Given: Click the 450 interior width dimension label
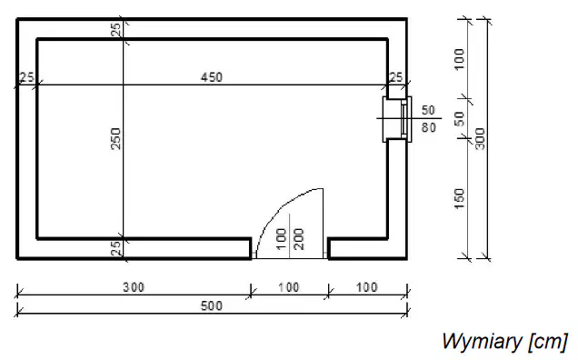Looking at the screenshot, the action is [x=212, y=77].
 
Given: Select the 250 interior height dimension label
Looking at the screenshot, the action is [x=116, y=139].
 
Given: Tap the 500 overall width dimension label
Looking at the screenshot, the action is [x=212, y=306].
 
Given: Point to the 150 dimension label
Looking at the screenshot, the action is [x=459, y=199].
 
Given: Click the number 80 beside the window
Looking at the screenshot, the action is [x=429, y=127].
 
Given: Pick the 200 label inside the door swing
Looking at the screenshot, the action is [x=299, y=239].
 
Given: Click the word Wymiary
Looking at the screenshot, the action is [x=482, y=341].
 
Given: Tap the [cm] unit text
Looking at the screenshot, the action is [x=548, y=342].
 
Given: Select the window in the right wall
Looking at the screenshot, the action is [x=398, y=119].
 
